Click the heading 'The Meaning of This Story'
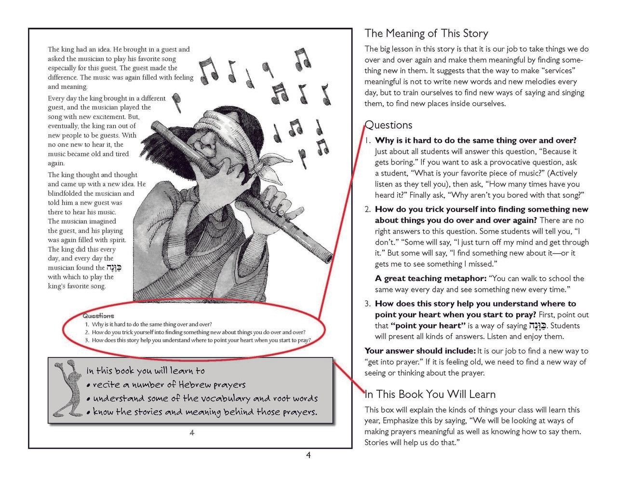pos(426,33)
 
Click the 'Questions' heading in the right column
pos(389,125)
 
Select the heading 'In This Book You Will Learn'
pos(430,394)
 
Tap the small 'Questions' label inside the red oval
pos(98,316)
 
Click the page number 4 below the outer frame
pos(308,455)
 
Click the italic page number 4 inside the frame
pos(192,433)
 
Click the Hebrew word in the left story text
pos(114,268)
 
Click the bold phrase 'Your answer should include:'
pos(420,351)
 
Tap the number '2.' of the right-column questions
pos(367,209)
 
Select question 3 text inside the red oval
pos(201,340)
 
